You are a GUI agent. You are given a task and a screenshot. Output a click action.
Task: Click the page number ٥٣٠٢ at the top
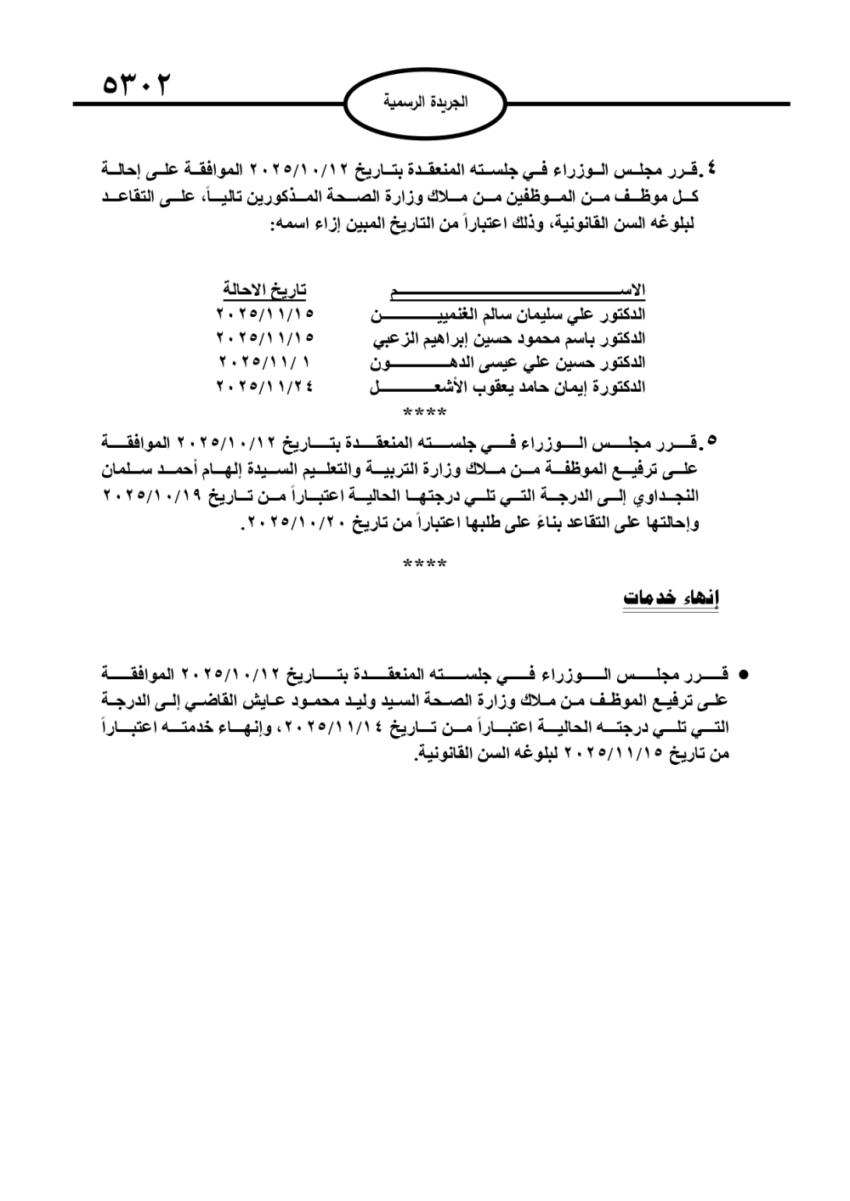pyautogui.click(x=136, y=86)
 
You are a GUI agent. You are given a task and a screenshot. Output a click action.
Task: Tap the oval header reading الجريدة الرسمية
pyautogui.click(x=425, y=103)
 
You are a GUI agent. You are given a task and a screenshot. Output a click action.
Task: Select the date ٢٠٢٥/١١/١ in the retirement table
pyautogui.click(x=264, y=362)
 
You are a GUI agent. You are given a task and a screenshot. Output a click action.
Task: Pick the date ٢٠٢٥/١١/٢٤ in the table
pyautogui.click(x=264, y=386)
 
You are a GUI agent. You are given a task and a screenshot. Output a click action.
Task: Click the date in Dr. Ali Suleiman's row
pyautogui.click(x=264, y=314)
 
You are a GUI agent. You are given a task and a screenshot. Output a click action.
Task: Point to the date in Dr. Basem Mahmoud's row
pyautogui.click(x=264, y=338)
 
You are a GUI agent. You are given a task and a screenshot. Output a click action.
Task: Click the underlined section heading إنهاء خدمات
pyautogui.click(x=671, y=598)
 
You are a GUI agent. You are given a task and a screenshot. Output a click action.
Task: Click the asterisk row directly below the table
pyautogui.click(x=424, y=414)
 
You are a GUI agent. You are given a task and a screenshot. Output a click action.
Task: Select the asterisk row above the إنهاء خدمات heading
pyautogui.click(x=424, y=564)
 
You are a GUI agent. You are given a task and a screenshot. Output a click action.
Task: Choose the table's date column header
pyautogui.click(x=264, y=291)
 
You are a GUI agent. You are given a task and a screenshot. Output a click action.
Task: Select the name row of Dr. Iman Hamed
pyautogui.click(x=507, y=387)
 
